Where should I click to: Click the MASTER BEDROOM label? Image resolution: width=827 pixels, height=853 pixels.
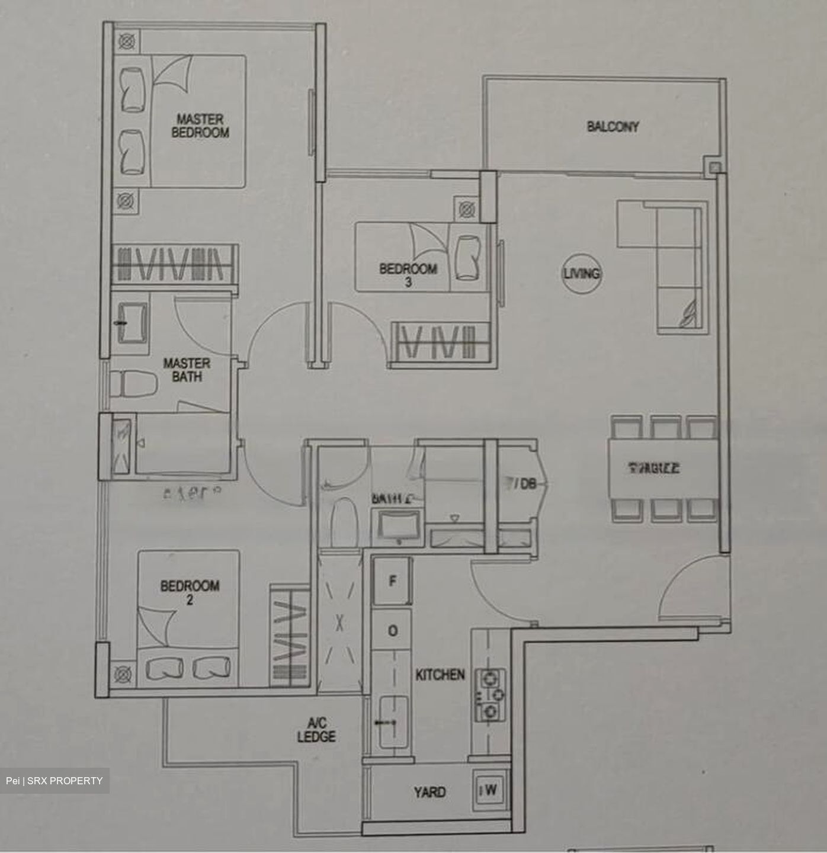(200, 126)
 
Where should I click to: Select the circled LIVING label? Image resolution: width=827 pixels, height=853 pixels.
(581, 274)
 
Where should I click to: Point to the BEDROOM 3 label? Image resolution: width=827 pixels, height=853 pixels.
(408, 275)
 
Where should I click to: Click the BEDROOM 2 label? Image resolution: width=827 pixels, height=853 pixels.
(190, 592)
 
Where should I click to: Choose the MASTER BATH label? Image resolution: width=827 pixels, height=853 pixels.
(187, 370)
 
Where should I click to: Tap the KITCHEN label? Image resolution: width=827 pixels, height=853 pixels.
(440, 675)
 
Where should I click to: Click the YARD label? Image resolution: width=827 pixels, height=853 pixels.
(429, 792)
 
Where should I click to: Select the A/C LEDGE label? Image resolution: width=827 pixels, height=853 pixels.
(316, 730)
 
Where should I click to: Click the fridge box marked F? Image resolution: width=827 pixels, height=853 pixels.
(392, 581)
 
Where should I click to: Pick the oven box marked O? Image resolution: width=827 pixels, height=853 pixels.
(392, 631)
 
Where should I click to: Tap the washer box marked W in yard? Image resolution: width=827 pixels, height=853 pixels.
(491, 790)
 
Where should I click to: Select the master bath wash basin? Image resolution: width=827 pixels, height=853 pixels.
(133, 323)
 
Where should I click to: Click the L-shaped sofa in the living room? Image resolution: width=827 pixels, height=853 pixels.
(680, 267)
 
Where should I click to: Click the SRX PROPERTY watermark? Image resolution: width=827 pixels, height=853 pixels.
(54, 781)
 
